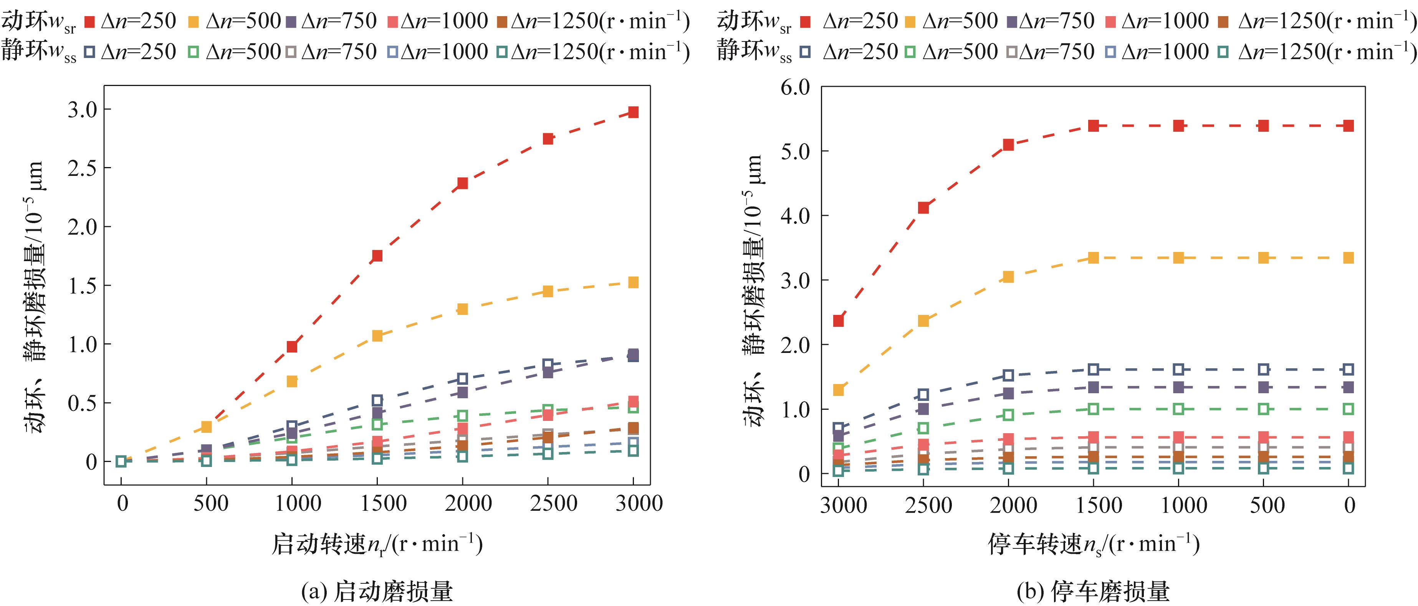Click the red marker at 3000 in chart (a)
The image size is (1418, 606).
click(633, 112)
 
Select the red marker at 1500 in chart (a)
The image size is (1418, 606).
click(377, 256)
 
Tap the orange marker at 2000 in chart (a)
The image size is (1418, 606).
click(462, 309)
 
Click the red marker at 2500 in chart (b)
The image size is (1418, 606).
click(923, 207)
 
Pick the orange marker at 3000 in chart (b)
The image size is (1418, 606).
click(838, 390)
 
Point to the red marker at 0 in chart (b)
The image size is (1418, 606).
click(1348, 126)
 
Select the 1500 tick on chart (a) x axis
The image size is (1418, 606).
click(383, 503)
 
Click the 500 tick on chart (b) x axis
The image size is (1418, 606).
click(1267, 505)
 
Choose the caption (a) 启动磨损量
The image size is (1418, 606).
click(377, 591)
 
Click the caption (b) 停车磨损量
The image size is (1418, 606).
click(1093, 591)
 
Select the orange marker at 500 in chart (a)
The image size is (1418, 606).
click(207, 427)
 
